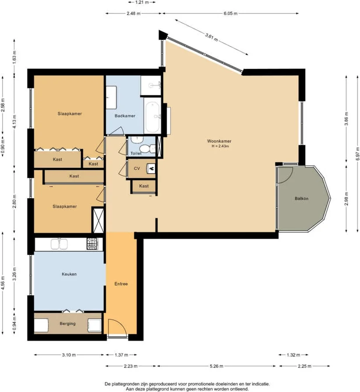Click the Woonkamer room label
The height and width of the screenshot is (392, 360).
coord(219,141)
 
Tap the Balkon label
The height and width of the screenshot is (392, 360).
coord(301,199)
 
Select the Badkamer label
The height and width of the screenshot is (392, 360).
coord(125,116)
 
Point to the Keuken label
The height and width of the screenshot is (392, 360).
coord(69,274)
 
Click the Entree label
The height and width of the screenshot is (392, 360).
coord(121,284)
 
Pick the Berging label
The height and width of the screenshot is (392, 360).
coord(68,324)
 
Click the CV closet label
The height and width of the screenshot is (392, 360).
coord(137,168)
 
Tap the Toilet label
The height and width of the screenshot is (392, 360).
coord(136,153)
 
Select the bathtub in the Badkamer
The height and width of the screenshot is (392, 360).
coord(153,117)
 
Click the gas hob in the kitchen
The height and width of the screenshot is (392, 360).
coord(92,244)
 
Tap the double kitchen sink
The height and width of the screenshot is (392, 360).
coord(59,244)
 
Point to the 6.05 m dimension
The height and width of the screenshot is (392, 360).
coord(231,13)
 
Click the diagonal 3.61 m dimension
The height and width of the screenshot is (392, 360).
coord(211,37)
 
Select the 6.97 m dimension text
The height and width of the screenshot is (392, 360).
coord(358,154)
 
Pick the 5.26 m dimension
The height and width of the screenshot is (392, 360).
coord(216,366)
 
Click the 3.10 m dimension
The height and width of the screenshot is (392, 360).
coord(69,355)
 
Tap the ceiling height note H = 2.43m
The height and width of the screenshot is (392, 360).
coord(220,146)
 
